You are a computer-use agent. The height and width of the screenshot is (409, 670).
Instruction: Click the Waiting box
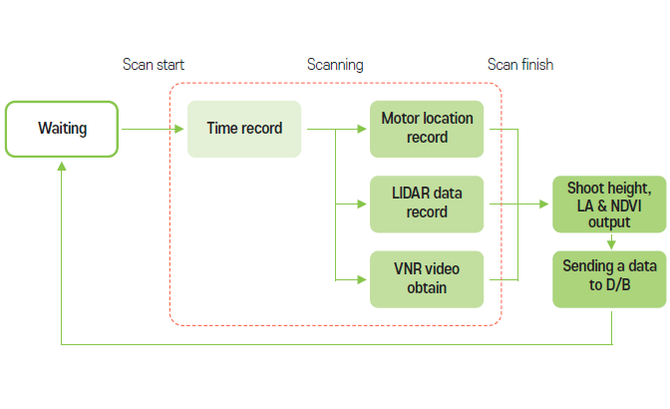click(x=62, y=128)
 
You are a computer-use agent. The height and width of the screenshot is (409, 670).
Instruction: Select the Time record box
click(x=244, y=128)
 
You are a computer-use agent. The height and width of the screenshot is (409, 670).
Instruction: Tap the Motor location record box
click(x=427, y=128)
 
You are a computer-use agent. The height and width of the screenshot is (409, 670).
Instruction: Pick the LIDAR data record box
click(x=427, y=204)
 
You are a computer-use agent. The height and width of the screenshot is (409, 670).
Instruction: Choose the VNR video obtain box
click(x=427, y=279)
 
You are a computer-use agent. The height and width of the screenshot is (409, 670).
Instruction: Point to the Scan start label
click(x=153, y=65)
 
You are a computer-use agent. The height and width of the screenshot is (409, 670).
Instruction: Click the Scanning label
click(x=334, y=65)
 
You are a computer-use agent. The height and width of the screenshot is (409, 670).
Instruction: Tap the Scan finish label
click(x=519, y=65)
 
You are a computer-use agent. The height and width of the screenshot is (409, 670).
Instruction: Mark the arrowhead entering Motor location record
click(x=364, y=129)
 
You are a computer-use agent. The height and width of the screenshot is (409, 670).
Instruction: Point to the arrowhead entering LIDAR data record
click(x=364, y=204)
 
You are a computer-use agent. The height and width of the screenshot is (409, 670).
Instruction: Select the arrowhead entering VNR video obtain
click(x=364, y=279)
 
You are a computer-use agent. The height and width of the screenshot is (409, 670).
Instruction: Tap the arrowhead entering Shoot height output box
click(x=547, y=204)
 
